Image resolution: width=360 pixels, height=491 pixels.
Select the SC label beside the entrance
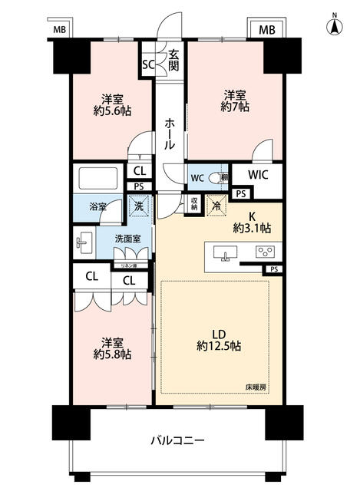148,64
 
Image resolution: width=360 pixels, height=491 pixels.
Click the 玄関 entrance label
173,60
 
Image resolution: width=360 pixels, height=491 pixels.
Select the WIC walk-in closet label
257,176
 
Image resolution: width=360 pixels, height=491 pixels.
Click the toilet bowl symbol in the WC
217,177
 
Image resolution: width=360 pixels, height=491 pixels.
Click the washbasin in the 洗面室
83,244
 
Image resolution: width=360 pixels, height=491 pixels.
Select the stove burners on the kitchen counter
266,252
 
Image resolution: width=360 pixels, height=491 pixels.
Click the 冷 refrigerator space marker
218,206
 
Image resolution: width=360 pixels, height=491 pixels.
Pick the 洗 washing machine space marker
138,206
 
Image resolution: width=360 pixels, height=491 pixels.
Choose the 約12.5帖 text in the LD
220,346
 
